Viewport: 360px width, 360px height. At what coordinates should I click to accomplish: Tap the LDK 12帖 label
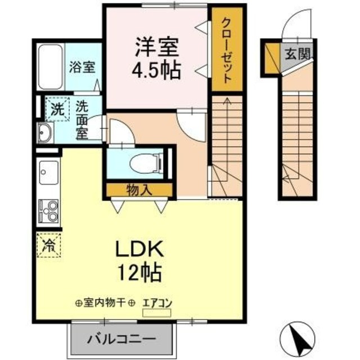point(140,261)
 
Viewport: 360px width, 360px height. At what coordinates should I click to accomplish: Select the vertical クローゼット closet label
point(227,51)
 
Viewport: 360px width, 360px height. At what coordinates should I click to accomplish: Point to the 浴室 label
point(82,67)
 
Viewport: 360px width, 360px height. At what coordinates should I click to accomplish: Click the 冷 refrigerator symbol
point(49,245)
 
